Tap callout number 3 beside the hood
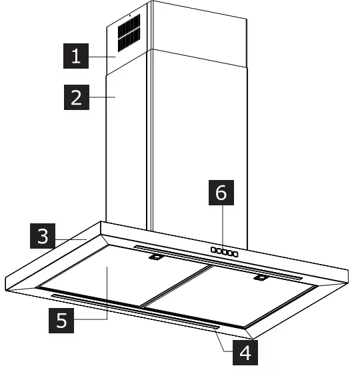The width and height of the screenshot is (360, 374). (x=41, y=237)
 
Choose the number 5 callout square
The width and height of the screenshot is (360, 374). (x=61, y=321)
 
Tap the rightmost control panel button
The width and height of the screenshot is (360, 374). (x=235, y=253)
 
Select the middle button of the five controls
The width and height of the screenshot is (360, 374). (x=224, y=252)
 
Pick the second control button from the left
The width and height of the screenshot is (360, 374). (x=218, y=251)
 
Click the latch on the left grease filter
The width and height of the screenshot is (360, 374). (x=155, y=257)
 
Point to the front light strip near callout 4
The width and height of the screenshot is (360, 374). (x=133, y=310)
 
